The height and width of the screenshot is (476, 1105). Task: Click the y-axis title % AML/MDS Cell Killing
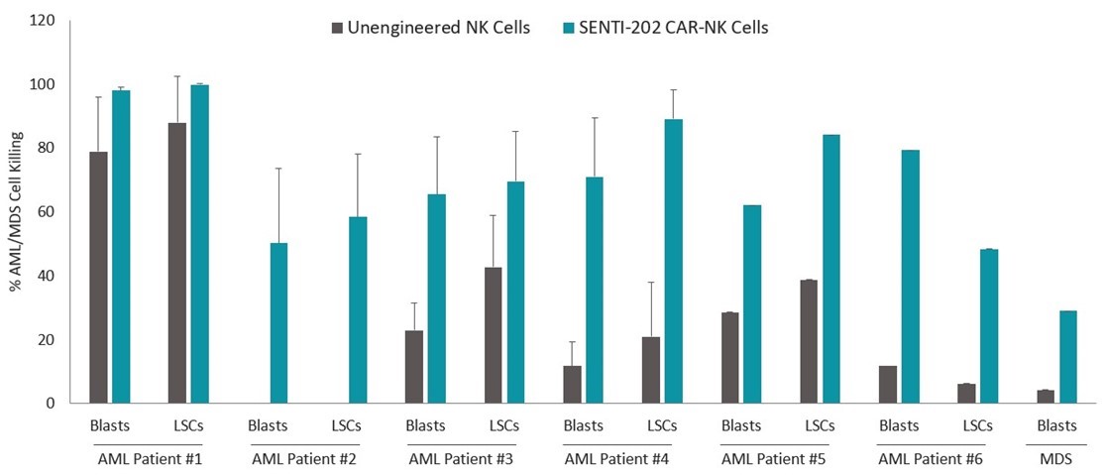point(16,211)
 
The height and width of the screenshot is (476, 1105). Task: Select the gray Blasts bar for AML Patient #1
point(98,278)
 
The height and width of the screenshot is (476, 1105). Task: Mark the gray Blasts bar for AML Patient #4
point(572,385)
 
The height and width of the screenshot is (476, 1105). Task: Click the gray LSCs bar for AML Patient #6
point(966,394)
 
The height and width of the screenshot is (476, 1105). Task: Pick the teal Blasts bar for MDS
point(1067,357)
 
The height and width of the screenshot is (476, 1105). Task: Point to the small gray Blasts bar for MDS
point(1046,397)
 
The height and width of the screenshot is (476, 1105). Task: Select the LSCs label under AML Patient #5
point(820,426)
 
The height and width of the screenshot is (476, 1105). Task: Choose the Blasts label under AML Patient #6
point(899,426)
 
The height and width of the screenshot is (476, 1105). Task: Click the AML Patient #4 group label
point(621,459)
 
